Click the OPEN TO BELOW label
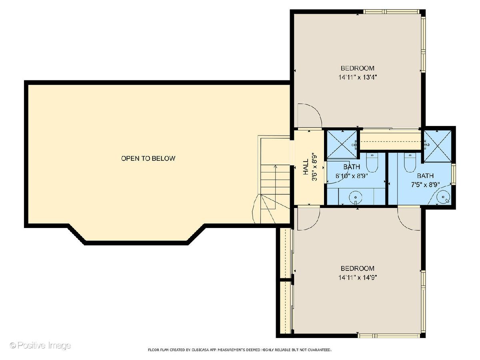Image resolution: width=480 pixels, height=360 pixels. (x=148, y=158)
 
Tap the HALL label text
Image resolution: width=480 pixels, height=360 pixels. (x=306, y=167)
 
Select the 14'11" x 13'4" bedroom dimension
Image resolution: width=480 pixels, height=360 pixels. (x=358, y=77)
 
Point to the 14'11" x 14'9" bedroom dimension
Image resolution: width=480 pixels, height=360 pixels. (x=358, y=278)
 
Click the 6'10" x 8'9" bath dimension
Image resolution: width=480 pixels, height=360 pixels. (x=352, y=176)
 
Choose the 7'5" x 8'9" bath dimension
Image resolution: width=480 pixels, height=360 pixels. (x=425, y=185)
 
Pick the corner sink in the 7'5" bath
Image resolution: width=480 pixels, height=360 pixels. (x=443, y=197)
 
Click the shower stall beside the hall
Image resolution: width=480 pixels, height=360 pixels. (x=342, y=144)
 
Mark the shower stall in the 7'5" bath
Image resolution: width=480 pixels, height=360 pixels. (x=437, y=146)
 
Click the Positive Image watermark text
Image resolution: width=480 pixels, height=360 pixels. (x=40, y=345)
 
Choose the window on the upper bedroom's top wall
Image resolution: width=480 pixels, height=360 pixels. (x=391, y=12)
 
